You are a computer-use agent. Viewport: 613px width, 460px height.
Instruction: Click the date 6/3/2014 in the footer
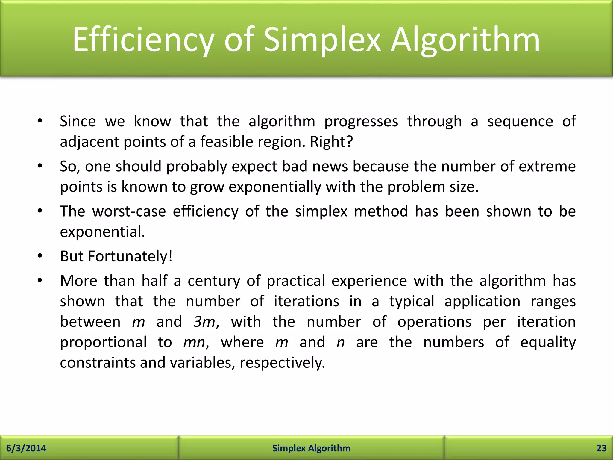[26, 448]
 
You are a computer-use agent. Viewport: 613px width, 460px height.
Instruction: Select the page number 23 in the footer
[601, 448]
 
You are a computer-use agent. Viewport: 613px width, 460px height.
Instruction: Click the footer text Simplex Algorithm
[311, 448]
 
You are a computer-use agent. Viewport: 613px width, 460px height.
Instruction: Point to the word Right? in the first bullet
[331, 142]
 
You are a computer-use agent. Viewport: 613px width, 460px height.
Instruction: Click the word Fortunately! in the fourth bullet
[130, 256]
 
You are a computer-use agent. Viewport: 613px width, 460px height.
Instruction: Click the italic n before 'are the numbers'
[341, 342]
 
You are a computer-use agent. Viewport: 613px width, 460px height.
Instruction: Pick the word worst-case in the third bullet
[129, 211]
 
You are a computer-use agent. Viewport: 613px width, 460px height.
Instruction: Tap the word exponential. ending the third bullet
[102, 232]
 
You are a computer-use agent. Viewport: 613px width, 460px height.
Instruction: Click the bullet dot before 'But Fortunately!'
[40, 256]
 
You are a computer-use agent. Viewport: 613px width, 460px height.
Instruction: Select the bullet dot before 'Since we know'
[40, 121]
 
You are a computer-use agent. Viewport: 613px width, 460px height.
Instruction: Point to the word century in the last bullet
[214, 281]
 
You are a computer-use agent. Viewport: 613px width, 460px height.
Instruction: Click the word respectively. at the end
[282, 363]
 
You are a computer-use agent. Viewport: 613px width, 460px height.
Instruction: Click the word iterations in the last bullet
[306, 301]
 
